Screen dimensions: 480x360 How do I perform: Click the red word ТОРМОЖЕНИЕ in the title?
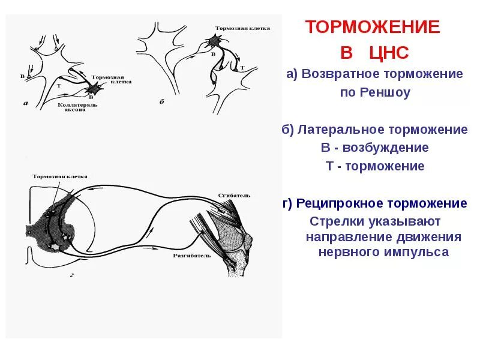(x=372, y=27)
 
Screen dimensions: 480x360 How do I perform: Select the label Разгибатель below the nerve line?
(x=192, y=254)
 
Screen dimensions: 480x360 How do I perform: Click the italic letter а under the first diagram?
(x=25, y=103)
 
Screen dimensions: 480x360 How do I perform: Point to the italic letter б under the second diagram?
(x=161, y=103)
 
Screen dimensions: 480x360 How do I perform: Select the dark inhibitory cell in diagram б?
(x=215, y=41)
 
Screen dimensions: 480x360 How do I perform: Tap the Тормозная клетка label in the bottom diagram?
(x=60, y=176)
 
